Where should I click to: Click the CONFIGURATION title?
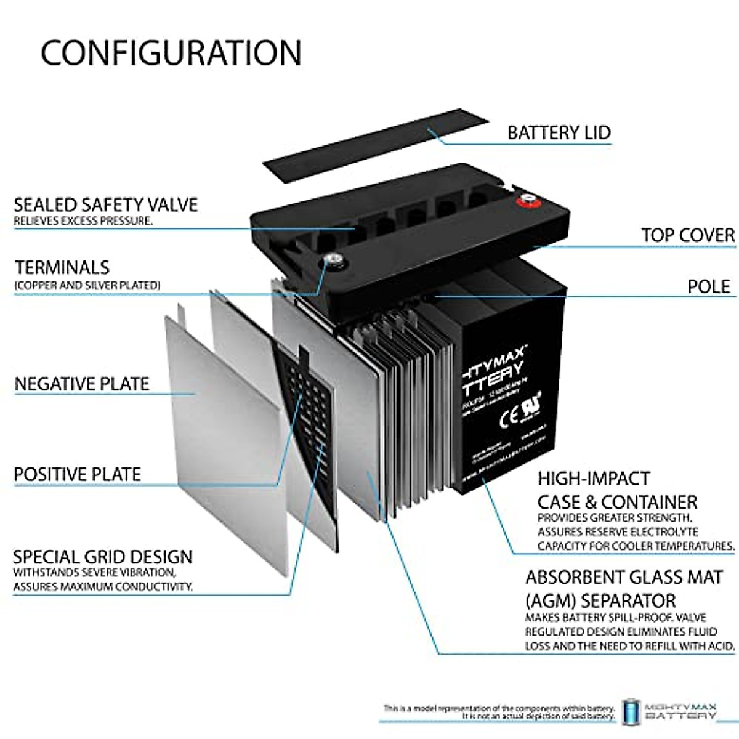pyautogui.click(x=171, y=53)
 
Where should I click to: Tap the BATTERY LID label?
pyautogui.click(x=559, y=132)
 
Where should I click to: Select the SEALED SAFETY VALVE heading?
pyautogui.click(x=105, y=204)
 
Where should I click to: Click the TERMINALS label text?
pyautogui.click(x=62, y=267)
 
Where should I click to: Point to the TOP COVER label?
pyautogui.click(x=688, y=235)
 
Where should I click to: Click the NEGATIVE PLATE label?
pyautogui.click(x=82, y=384)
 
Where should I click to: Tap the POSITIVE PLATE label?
pyautogui.click(x=78, y=474)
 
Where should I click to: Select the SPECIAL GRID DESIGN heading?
pyautogui.click(x=102, y=557)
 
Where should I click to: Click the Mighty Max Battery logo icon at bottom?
pyautogui.click(x=631, y=712)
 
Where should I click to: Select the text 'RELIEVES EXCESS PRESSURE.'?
pyautogui.click(x=83, y=220)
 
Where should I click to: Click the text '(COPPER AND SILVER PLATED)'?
pyautogui.click(x=87, y=285)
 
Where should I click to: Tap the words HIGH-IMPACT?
pyautogui.click(x=585, y=479)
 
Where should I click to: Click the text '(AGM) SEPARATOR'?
pyautogui.click(x=600, y=600)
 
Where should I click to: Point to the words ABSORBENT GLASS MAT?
pyautogui.click(x=624, y=578)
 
